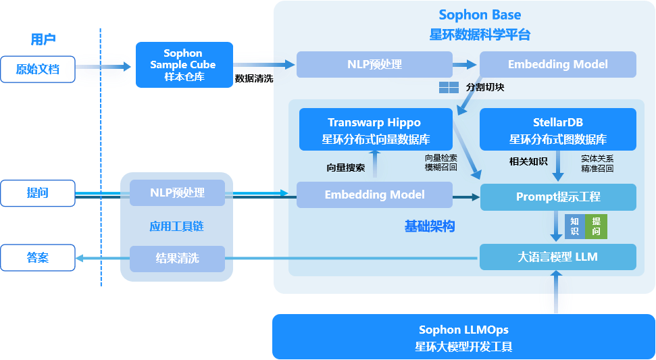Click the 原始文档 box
37,69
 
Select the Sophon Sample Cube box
184,65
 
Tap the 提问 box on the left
37,193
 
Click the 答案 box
37,257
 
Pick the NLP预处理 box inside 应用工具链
177,193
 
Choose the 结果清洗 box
177,258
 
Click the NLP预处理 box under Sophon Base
374,65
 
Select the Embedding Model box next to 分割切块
557,65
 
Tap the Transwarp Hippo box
375,130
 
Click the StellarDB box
557,130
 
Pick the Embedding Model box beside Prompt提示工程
374,195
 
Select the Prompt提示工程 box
558,197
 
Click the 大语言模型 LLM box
558,257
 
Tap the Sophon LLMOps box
463,337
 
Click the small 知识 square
574,226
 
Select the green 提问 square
597,226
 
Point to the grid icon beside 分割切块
449,87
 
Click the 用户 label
43,39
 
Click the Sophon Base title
480,15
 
